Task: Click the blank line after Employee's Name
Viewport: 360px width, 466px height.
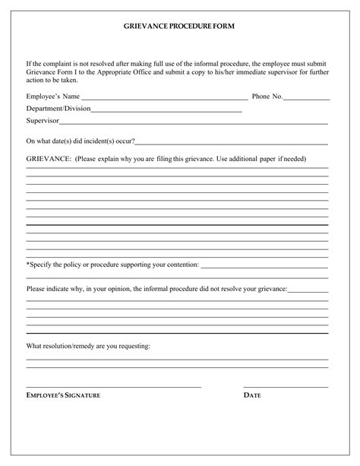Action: [164, 100]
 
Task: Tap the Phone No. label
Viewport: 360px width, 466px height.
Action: [267, 97]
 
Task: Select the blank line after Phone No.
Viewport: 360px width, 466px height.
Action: [307, 100]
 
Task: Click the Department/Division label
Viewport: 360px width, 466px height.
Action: [58, 109]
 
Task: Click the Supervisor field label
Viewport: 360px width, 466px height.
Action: [43, 121]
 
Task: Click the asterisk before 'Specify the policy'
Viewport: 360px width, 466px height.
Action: [28, 265]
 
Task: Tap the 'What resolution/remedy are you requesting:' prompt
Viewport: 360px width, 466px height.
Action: [88, 346]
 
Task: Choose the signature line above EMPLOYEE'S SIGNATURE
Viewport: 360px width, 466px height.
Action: [114, 387]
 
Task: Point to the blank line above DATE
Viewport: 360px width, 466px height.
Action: [286, 387]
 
